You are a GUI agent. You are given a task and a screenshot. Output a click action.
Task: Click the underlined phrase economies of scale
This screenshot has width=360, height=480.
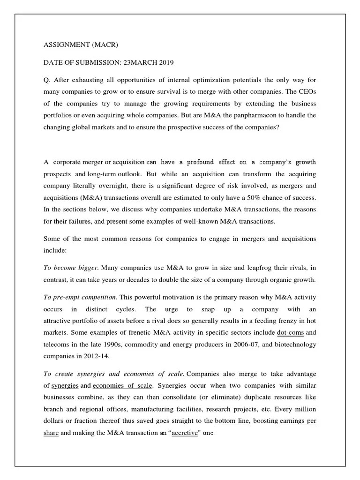122,386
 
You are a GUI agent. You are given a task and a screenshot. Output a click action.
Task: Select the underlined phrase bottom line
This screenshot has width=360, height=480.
232,421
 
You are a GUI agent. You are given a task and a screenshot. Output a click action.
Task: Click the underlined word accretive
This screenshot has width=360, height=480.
185,433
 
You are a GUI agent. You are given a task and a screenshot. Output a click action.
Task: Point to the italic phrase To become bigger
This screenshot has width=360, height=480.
71,268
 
